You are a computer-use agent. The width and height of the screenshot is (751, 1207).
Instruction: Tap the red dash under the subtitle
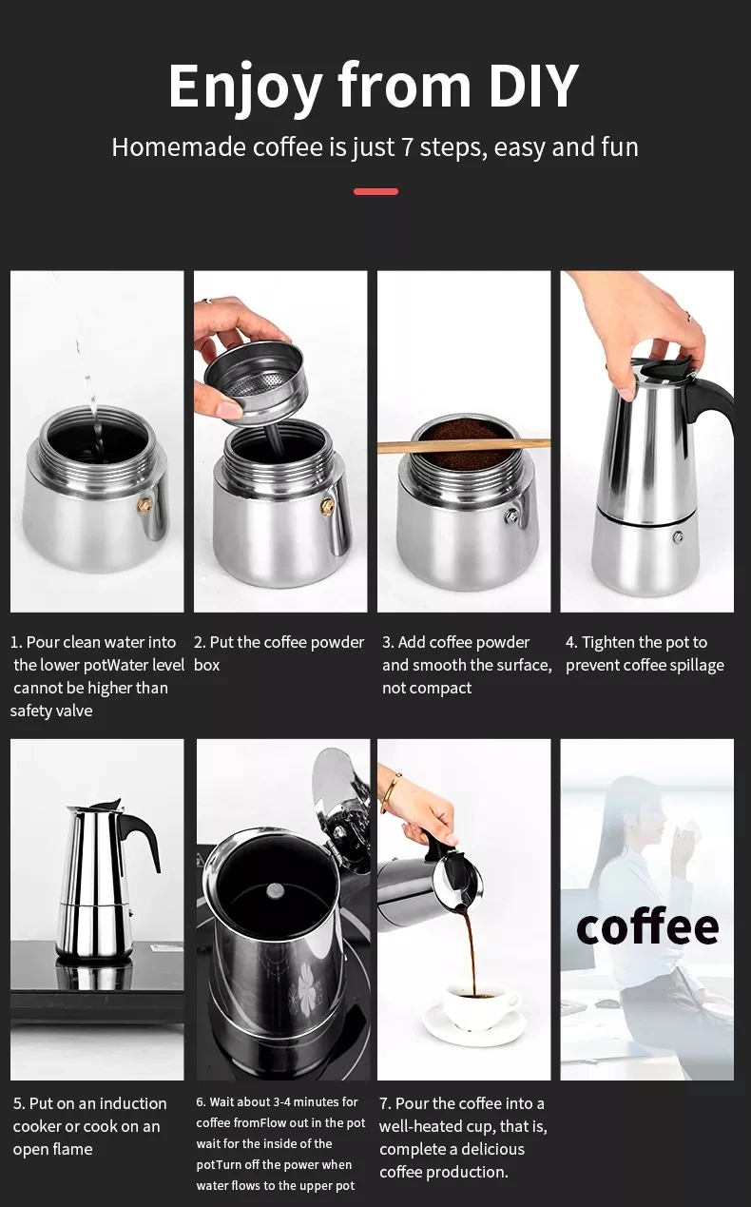click(x=375, y=191)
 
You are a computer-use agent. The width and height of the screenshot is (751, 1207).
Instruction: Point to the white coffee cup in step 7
click(x=481, y=1006)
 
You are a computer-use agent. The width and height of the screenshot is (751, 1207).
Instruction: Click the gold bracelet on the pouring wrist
click(x=391, y=791)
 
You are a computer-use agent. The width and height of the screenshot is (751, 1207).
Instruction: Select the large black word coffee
click(x=647, y=927)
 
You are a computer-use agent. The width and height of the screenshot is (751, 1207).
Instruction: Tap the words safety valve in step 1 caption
click(x=51, y=711)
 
